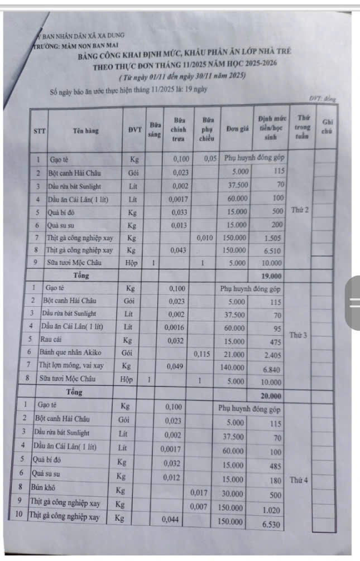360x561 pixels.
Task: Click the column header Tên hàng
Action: tap(85, 131)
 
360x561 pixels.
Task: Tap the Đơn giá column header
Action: tap(237, 129)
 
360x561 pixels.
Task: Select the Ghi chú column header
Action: tap(327, 127)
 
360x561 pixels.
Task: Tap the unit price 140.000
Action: tap(233, 366)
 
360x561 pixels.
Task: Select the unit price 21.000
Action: tap(234, 354)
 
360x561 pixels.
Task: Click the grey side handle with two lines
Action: tap(353, 303)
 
